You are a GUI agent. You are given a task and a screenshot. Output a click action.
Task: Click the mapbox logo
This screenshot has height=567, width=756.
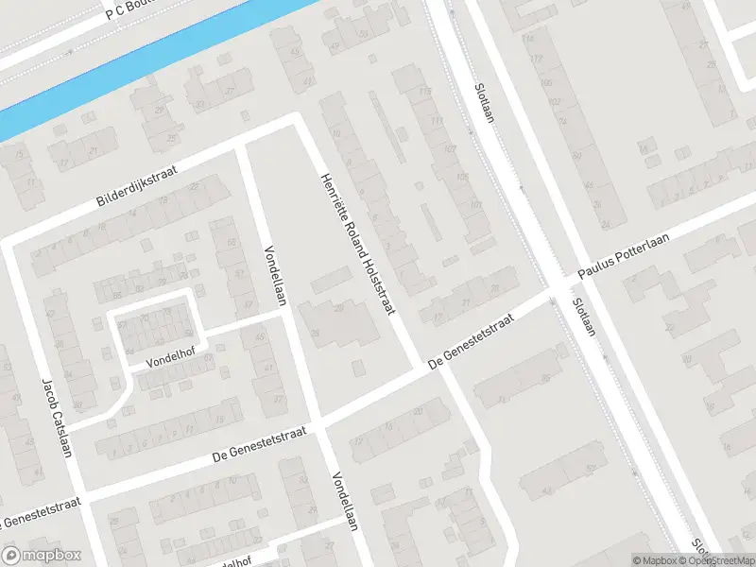click(x=41, y=556)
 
